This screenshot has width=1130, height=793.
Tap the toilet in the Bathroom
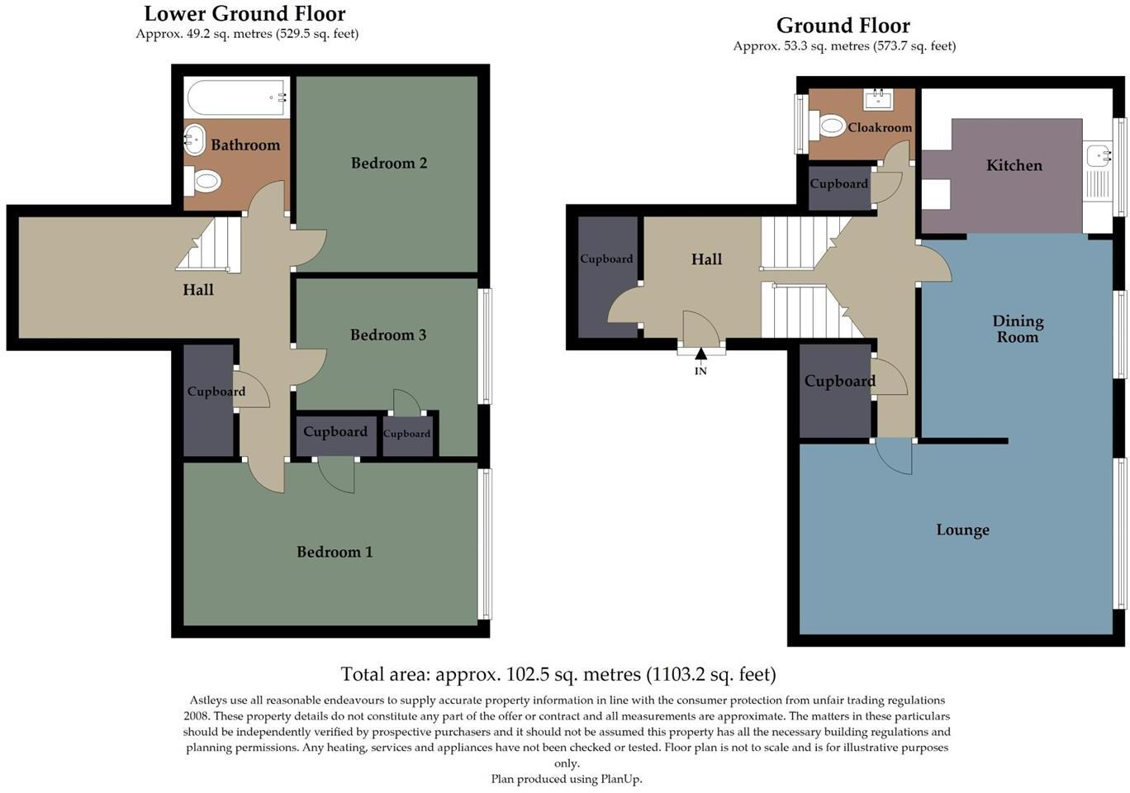tap(203, 179)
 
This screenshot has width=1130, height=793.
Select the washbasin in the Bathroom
tap(194, 140)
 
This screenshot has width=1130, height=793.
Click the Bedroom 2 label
tap(388, 163)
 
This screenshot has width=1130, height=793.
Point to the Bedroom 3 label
tap(387, 335)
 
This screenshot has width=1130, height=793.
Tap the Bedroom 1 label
tap(335, 552)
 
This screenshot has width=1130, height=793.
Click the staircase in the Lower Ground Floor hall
tap(210, 246)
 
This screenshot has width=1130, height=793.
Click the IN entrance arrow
tap(700, 356)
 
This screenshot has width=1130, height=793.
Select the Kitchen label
tap(1014, 165)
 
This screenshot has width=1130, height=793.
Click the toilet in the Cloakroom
tap(832, 126)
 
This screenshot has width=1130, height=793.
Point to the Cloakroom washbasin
tap(876, 100)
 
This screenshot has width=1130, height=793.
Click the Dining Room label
tap(1017, 329)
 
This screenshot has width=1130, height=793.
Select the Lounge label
tap(962, 529)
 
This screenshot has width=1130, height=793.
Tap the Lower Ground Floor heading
tap(245, 14)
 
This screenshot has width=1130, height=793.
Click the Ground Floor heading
tap(843, 26)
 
